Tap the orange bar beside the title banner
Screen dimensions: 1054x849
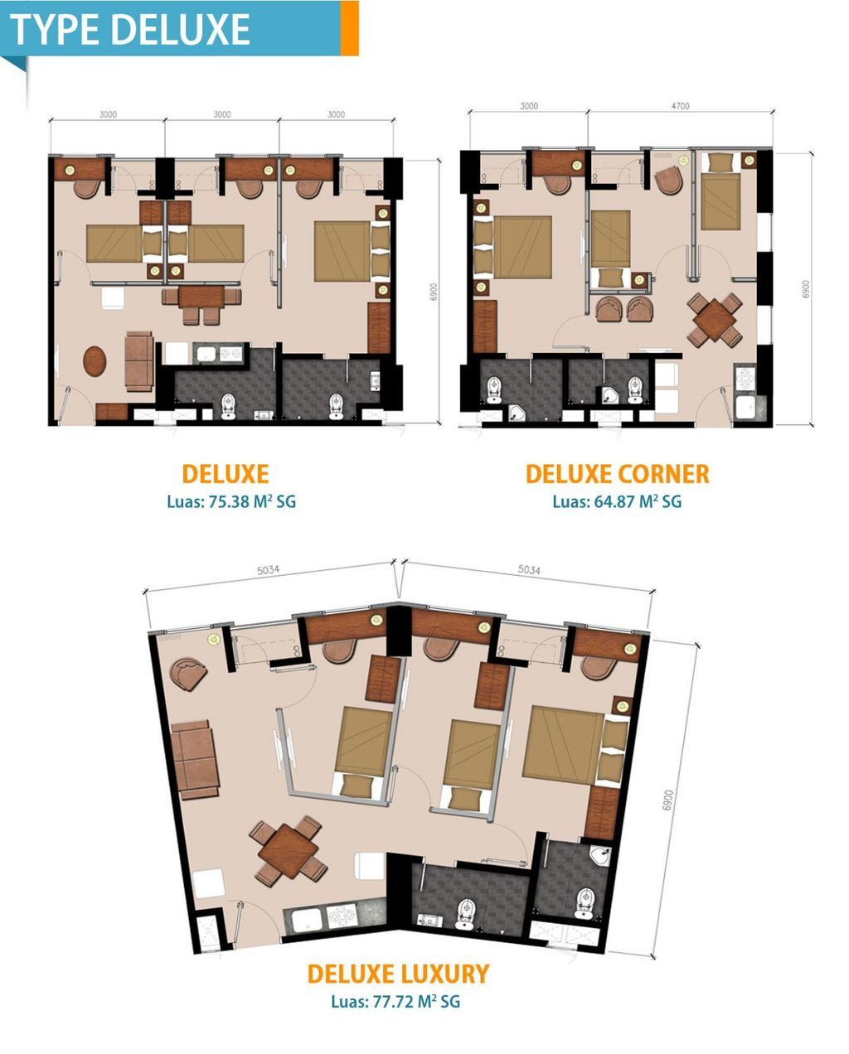[x=349, y=28]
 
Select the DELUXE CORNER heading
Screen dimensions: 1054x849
[x=617, y=474]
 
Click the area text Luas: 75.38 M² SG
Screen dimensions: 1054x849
[x=230, y=501]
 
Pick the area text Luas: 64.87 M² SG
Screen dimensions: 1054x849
[x=617, y=501]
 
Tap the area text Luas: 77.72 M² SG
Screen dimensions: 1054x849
[x=395, y=1001]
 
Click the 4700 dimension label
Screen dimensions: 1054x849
[x=679, y=106]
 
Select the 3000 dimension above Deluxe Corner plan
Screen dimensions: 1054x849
[x=528, y=106]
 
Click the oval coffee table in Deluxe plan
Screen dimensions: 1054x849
[x=95, y=361]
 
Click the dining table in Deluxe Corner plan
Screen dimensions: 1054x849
[x=714, y=319]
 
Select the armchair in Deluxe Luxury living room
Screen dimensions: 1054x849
[x=188, y=670]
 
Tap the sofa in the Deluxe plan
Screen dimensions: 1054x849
[x=138, y=361]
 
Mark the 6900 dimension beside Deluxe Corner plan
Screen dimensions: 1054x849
[x=805, y=289]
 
